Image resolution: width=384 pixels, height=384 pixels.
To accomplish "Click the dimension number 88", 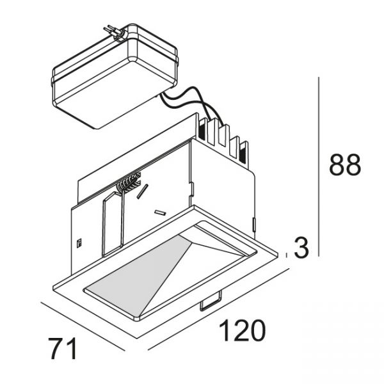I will (345, 165).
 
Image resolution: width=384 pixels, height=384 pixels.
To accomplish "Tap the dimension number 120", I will (243, 332).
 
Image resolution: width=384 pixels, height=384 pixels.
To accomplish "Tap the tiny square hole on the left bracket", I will (79, 243).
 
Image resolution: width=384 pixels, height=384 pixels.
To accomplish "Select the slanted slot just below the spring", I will (144, 191).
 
